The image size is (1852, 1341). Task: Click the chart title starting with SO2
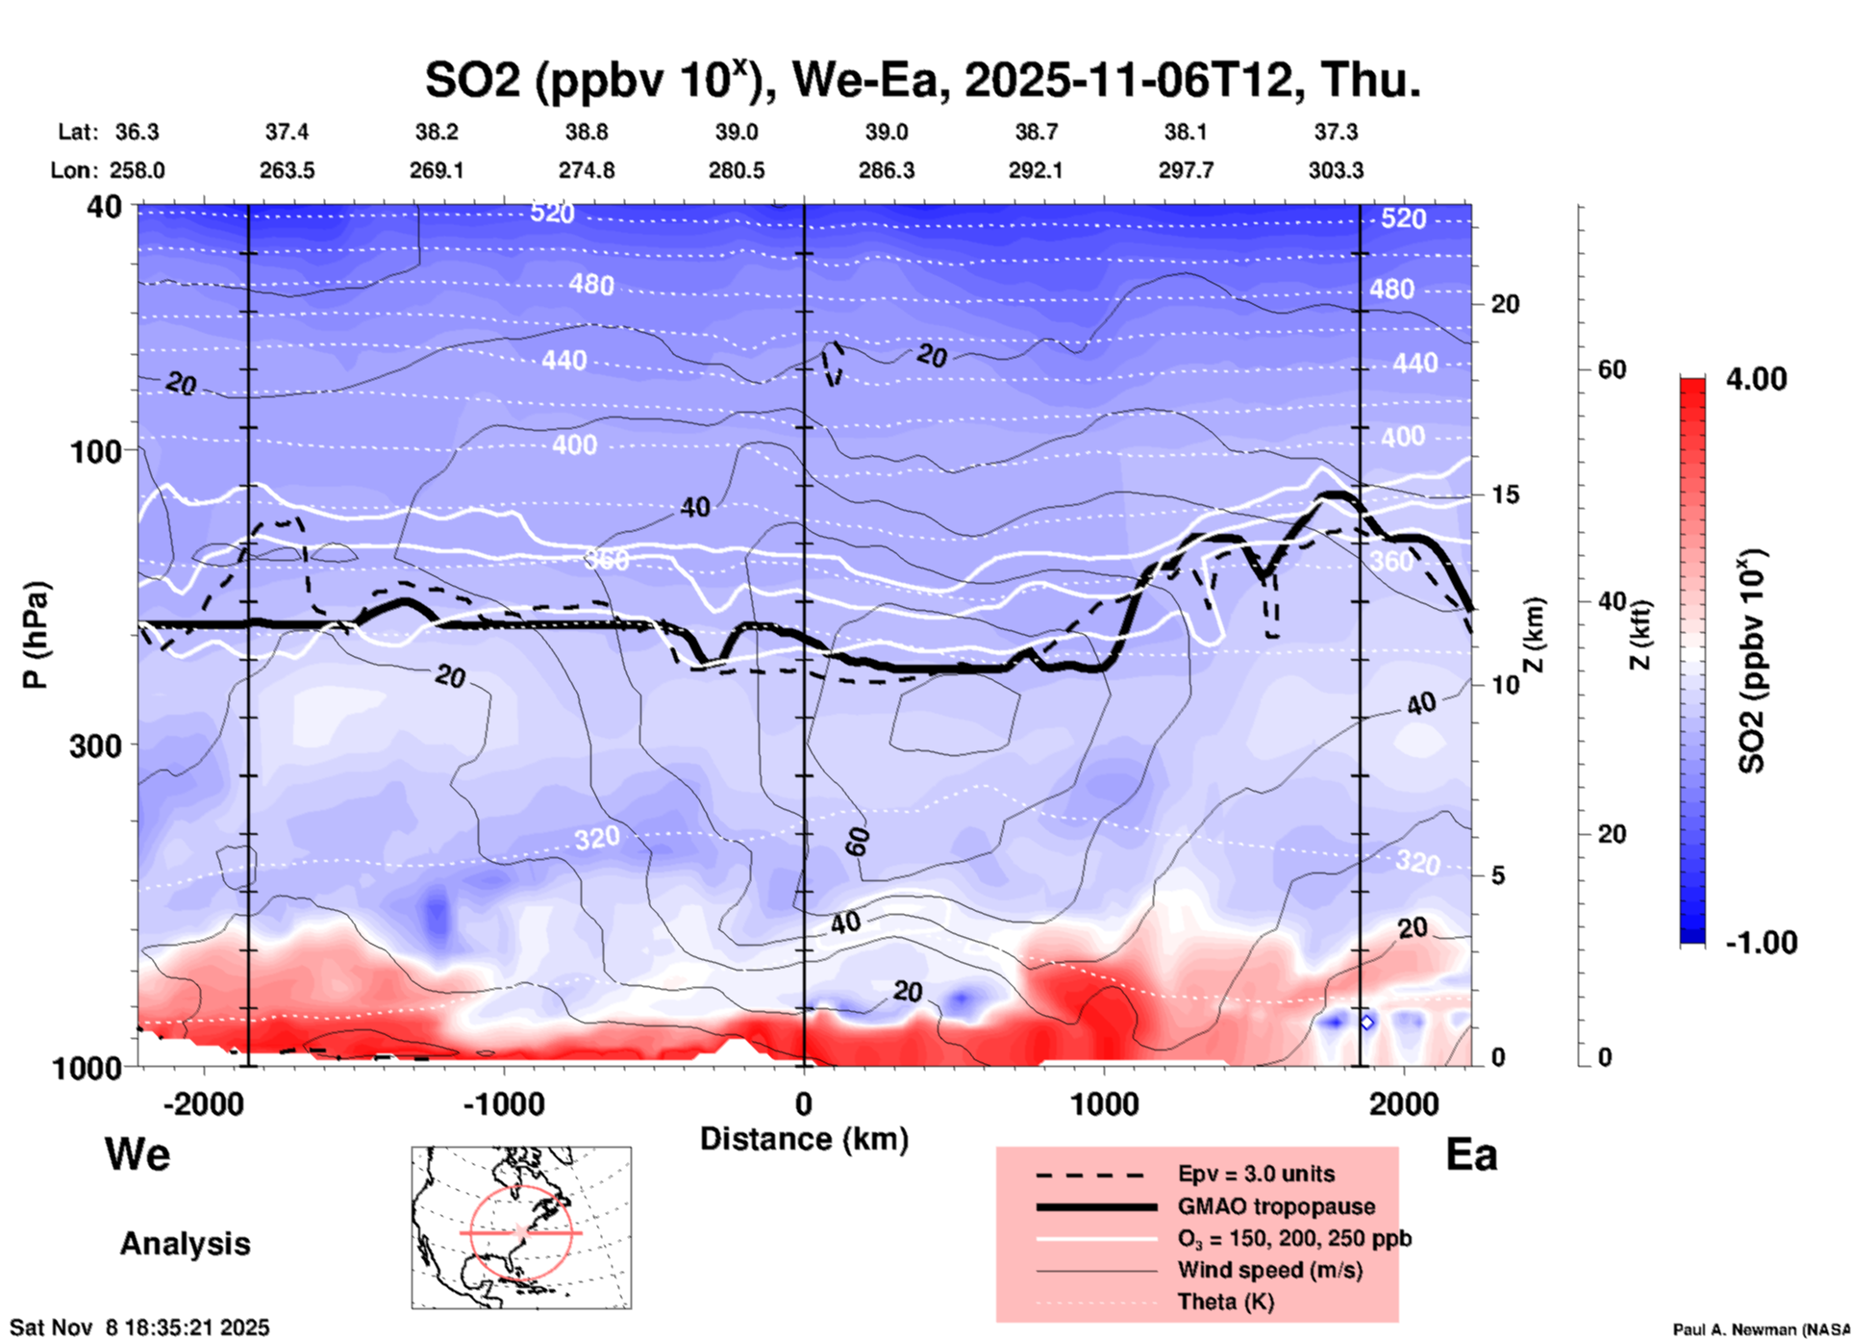point(922,81)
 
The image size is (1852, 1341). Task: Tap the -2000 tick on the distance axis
point(203,1104)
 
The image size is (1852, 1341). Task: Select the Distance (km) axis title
point(804,1139)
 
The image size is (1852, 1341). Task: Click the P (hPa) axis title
point(36,635)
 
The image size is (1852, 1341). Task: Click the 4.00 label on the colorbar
point(1756,379)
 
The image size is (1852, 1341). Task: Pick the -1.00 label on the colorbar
point(1761,943)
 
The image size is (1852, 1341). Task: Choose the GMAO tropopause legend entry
point(1276,1206)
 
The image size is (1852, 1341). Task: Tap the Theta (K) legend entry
point(1225,1302)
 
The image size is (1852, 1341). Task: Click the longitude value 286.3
point(886,171)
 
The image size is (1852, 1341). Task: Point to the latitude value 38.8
point(586,132)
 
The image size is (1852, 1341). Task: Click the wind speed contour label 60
point(858,842)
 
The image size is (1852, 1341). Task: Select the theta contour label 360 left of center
point(606,559)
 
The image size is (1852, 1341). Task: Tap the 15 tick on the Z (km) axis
point(1505,494)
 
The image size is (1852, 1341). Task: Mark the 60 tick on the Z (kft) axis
point(1612,369)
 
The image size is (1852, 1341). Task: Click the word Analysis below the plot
point(185,1244)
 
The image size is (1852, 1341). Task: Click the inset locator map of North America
point(521,1227)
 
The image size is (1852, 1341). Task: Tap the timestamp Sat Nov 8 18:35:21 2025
point(139,1328)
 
